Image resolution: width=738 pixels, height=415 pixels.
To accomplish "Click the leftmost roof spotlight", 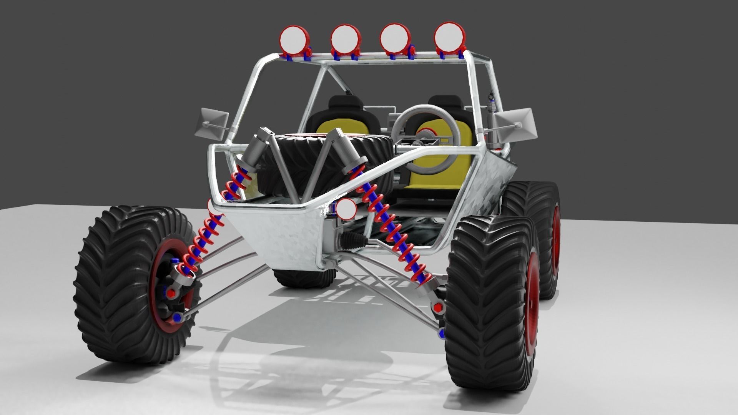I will click(x=293, y=38).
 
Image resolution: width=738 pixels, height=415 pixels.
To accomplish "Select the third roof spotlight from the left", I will click(x=395, y=37).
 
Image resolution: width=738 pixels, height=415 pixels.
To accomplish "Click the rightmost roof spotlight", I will click(x=449, y=35).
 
